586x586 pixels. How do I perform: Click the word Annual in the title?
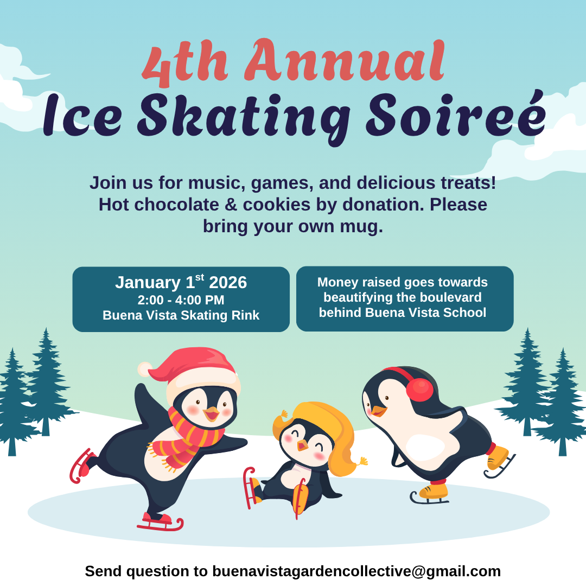point(344,61)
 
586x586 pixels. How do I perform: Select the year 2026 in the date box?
point(228,283)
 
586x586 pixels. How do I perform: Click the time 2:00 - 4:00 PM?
point(181,300)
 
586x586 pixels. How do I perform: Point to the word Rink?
point(246,315)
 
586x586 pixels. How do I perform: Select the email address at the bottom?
point(356,571)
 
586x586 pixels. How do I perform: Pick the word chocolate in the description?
point(176,205)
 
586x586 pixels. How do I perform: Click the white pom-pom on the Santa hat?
point(145,370)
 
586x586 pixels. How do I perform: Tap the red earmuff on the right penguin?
point(419,390)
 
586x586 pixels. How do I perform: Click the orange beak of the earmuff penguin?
point(379,411)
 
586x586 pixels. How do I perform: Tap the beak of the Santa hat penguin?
point(212,413)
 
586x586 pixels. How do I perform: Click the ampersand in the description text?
point(231,205)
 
